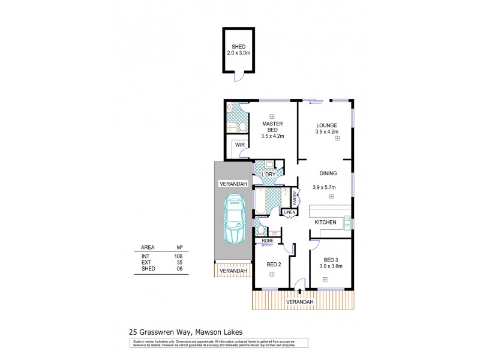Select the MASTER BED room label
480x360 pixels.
pyautogui.click(x=272, y=126)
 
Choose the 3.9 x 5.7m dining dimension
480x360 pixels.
pyautogui.click(x=324, y=187)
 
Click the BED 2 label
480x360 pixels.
pyautogui.click(x=274, y=264)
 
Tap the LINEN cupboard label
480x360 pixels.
pyautogui.click(x=290, y=212)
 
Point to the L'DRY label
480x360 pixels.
pyautogui.click(x=268, y=175)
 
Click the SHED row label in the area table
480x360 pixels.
pyautogui.click(x=148, y=268)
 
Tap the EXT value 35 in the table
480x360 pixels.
pyautogui.click(x=178, y=262)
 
